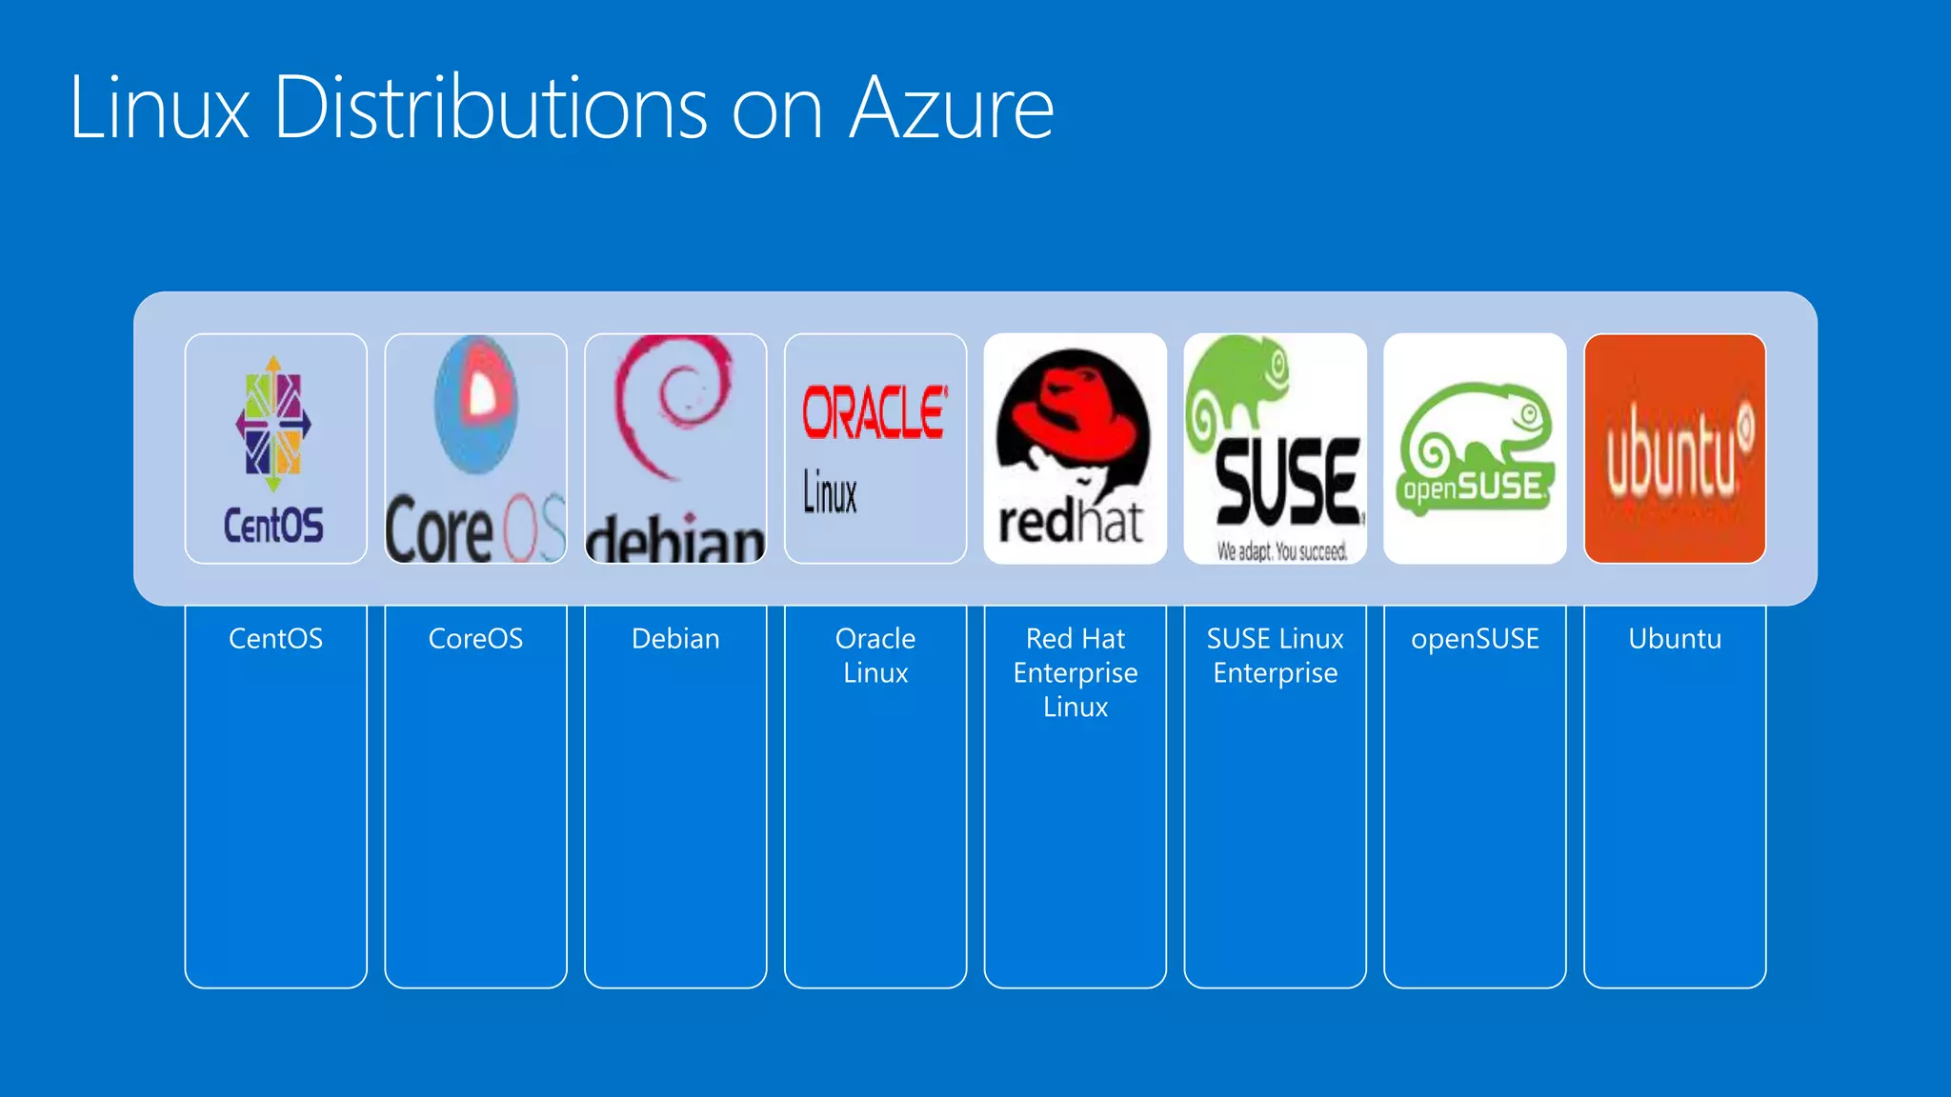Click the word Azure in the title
tap(951, 108)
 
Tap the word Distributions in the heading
tap(491, 108)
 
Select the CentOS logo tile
tap(275, 448)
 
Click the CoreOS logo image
tap(475, 448)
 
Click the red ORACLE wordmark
tap(874, 412)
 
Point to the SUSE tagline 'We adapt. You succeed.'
tap(1281, 551)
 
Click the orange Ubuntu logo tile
tap(1674, 448)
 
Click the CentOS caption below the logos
tap(275, 638)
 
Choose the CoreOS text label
tap(475, 638)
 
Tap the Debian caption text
tap(675, 638)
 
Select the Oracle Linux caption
tap(875, 655)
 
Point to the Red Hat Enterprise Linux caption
tap(1075, 672)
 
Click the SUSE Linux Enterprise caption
tap(1275, 655)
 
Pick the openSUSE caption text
tap(1475, 638)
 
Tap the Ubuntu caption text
tap(1675, 638)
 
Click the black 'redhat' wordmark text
tap(1070, 523)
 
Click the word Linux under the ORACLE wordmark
tap(829, 492)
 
